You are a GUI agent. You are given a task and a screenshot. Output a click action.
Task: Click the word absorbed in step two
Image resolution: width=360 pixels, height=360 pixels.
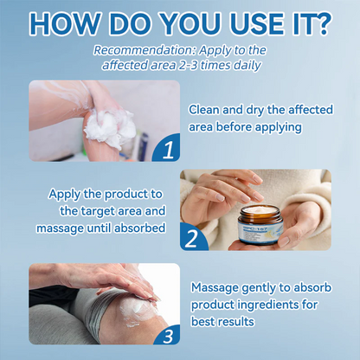coord(145,228)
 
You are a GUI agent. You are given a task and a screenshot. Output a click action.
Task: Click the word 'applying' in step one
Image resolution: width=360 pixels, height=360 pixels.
coord(276,127)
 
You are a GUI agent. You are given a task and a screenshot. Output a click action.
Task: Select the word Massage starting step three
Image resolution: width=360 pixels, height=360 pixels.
coord(215,286)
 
